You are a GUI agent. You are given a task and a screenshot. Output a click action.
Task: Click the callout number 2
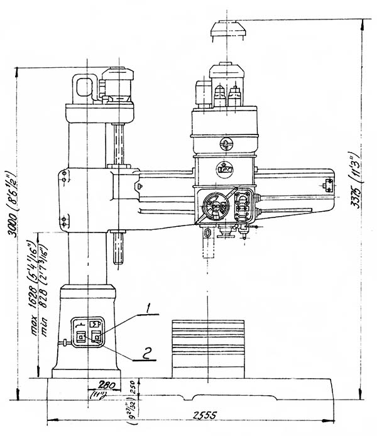point(146,354)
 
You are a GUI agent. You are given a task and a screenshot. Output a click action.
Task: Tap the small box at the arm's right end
point(327,184)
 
